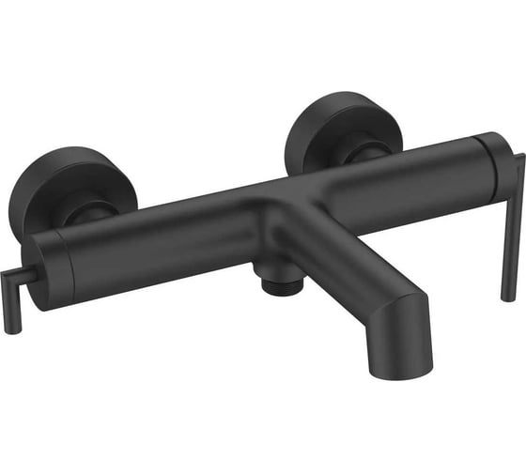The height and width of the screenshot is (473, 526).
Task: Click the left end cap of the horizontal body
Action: click(x=49, y=267)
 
